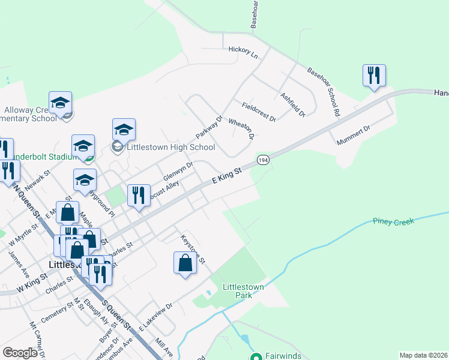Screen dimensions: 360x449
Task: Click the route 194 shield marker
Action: coord(263,160)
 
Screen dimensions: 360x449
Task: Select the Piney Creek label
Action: coord(394,222)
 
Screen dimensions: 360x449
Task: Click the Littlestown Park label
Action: coord(243,292)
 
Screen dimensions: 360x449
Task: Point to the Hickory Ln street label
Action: coord(243,52)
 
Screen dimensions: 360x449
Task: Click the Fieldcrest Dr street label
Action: coord(259,112)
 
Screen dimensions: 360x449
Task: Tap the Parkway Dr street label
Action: coord(209,127)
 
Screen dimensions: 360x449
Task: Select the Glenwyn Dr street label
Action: coord(178,173)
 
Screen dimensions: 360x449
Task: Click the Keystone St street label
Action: coord(193,250)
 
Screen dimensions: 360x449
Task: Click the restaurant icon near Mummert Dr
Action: coord(374,76)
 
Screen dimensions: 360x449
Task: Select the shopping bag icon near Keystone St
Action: coord(185,263)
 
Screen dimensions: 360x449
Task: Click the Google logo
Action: coord(20,353)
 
